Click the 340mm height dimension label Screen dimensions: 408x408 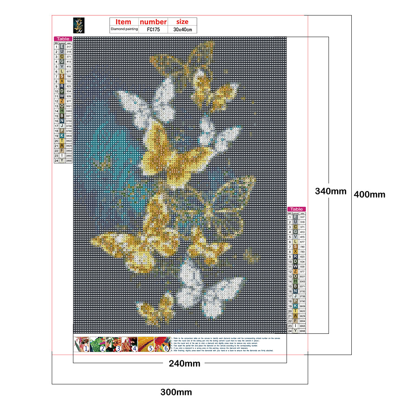pyautogui.click(x=331, y=191)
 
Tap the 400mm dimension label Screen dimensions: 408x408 pyautogui.click(x=369, y=194)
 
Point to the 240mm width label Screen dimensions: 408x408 pyautogui.click(x=185, y=364)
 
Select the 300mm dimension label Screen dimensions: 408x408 pyautogui.click(x=176, y=393)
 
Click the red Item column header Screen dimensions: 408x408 pyautogui.click(x=123, y=22)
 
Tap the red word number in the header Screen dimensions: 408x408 pyautogui.click(x=153, y=22)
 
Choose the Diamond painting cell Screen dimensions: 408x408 pyautogui.click(x=124, y=30)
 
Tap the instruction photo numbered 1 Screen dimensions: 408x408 pyautogui.click(x=82, y=344)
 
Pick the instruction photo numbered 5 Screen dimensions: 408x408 pyautogui.click(x=146, y=344)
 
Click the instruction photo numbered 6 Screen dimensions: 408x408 pyautogui.click(x=162, y=344)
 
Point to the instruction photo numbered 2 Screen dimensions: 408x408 pyautogui.click(x=97, y=344)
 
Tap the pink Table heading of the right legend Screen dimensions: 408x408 pyautogui.click(x=296, y=209)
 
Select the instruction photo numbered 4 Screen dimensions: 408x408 pyautogui.click(x=130, y=344)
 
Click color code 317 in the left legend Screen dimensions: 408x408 pyautogui.click(x=68, y=47)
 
